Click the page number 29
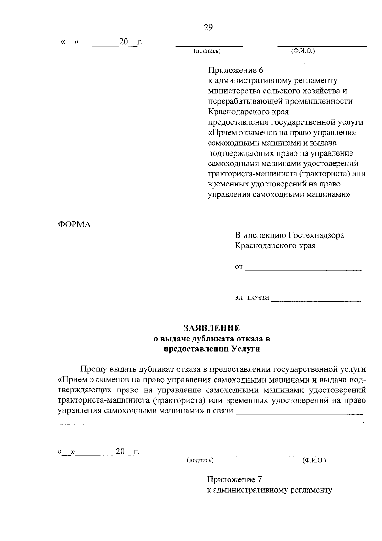click(x=208, y=27)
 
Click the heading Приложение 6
click(x=235, y=70)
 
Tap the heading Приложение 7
click(x=234, y=479)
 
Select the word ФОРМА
click(x=74, y=224)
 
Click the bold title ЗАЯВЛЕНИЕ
click(x=211, y=328)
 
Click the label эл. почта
click(x=252, y=297)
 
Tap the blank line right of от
click(x=304, y=270)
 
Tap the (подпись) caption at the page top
click(x=207, y=51)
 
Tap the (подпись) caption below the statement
click(x=200, y=460)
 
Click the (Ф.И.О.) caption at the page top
click(x=303, y=51)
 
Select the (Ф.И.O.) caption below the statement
click(x=314, y=460)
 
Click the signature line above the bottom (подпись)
click(x=207, y=455)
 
